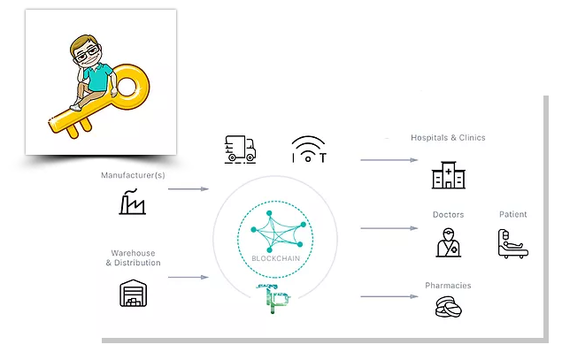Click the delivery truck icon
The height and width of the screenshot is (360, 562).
pos(240,149)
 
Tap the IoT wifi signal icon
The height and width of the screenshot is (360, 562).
pos(309,149)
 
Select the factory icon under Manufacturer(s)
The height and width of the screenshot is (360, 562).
pos(132,202)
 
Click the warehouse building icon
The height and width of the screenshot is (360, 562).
pos(133,293)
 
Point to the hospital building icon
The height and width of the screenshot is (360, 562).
pos(449,175)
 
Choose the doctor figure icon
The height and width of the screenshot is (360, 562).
pos(449,242)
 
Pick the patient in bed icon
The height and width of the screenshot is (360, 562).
pos(513,243)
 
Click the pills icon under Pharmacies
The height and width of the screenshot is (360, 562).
pos(449,307)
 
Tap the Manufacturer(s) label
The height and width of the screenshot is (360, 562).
pos(133,175)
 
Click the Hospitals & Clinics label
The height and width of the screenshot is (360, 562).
pos(448,138)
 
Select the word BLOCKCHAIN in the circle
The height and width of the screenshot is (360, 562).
pos(275,258)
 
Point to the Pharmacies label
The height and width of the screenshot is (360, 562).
pos(448,286)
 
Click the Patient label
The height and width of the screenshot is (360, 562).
pos(513,214)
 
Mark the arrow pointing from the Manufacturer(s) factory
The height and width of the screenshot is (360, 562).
pos(189,188)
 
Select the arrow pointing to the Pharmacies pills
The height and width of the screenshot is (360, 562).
pos(389,296)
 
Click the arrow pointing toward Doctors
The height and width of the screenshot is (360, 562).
pos(389,228)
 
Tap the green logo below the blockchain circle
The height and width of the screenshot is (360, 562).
pos(273,299)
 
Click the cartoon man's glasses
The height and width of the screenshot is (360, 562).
pos(87,54)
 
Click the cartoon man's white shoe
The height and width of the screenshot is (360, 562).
pos(75,107)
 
